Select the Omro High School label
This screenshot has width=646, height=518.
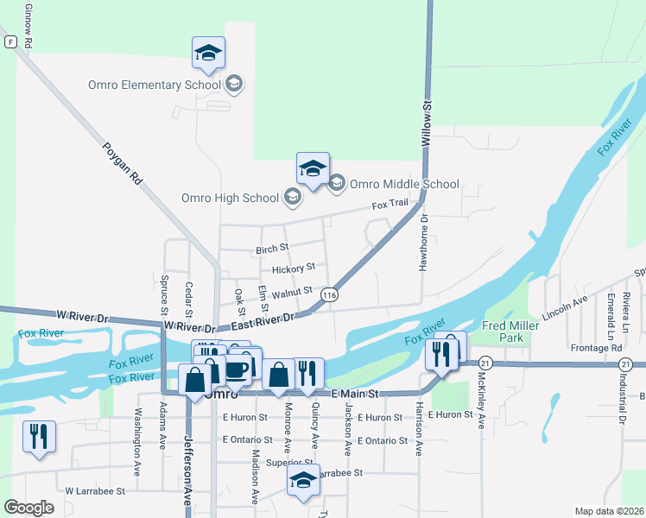[x=230, y=198]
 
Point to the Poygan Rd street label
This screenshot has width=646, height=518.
[x=120, y=164]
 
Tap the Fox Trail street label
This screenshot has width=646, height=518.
[x=389, y=205]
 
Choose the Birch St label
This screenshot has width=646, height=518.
[x=272, y=250]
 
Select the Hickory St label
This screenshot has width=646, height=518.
[x=294, y=269]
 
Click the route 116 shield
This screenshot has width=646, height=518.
[x=328, y=295]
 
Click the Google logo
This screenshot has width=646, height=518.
[x=28, y=508]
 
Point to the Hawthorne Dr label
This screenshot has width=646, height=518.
[x=424, y=248]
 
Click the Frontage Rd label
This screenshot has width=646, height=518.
[x=597, y=348]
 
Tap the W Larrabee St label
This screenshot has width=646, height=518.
[x=95, y=490]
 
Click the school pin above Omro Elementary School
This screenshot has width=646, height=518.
[x=208, y=54]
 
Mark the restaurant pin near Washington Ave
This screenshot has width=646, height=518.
[x=39, y=438]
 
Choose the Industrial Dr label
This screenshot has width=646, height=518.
[x=621, y=401]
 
